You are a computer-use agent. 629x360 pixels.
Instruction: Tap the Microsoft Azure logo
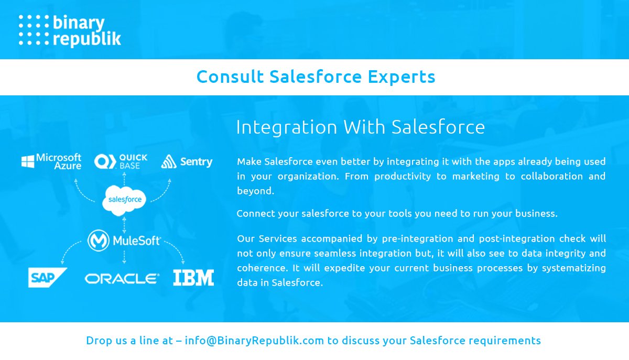(x=51, y=161)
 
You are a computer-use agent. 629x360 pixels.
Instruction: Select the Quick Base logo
(x=121, y=161)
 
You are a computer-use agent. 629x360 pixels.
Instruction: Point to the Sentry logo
(x=187, y=161)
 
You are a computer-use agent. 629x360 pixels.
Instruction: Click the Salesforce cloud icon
(x=124, y=199)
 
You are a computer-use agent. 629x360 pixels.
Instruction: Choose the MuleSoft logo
(x=124, y=241)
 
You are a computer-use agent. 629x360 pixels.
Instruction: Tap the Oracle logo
(x=122, y=278)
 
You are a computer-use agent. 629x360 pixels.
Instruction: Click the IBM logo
(x=193, y=278)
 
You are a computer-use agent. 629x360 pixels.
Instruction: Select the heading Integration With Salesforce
(x=360, y=127)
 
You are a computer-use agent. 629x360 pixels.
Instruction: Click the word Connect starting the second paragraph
(x=254, y=213)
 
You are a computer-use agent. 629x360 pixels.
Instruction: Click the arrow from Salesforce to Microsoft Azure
(x=82, y=189)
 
